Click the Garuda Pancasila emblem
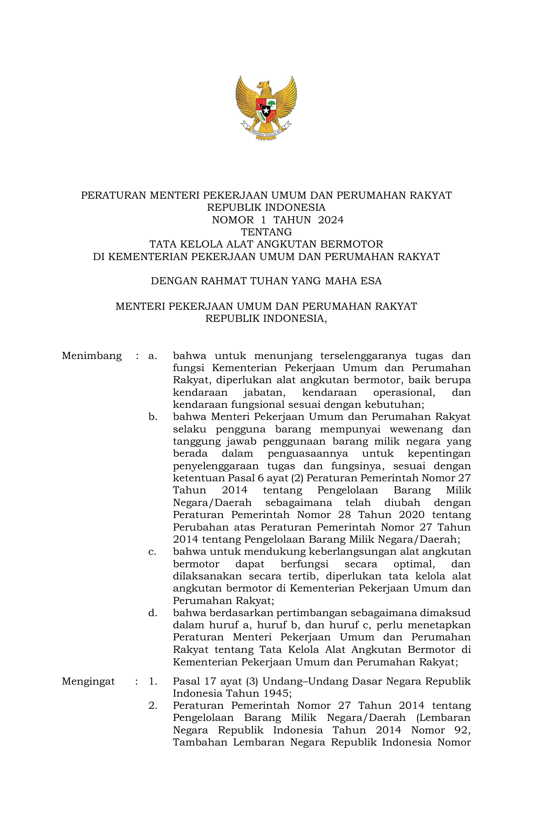click(266, 108)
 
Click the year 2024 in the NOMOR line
click(331, 220)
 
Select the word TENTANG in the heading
click(266, 232)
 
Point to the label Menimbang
click(92, 356)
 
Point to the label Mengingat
click(88, 682)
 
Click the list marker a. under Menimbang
click(153, 356)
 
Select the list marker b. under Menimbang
click(153, 417)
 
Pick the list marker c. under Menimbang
click(153, 552)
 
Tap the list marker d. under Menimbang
click(153, 613)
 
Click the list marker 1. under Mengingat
click(153, 682)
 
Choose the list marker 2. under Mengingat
click(153, 706)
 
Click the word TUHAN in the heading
click(269, 281)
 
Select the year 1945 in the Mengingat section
click(276, 694)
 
